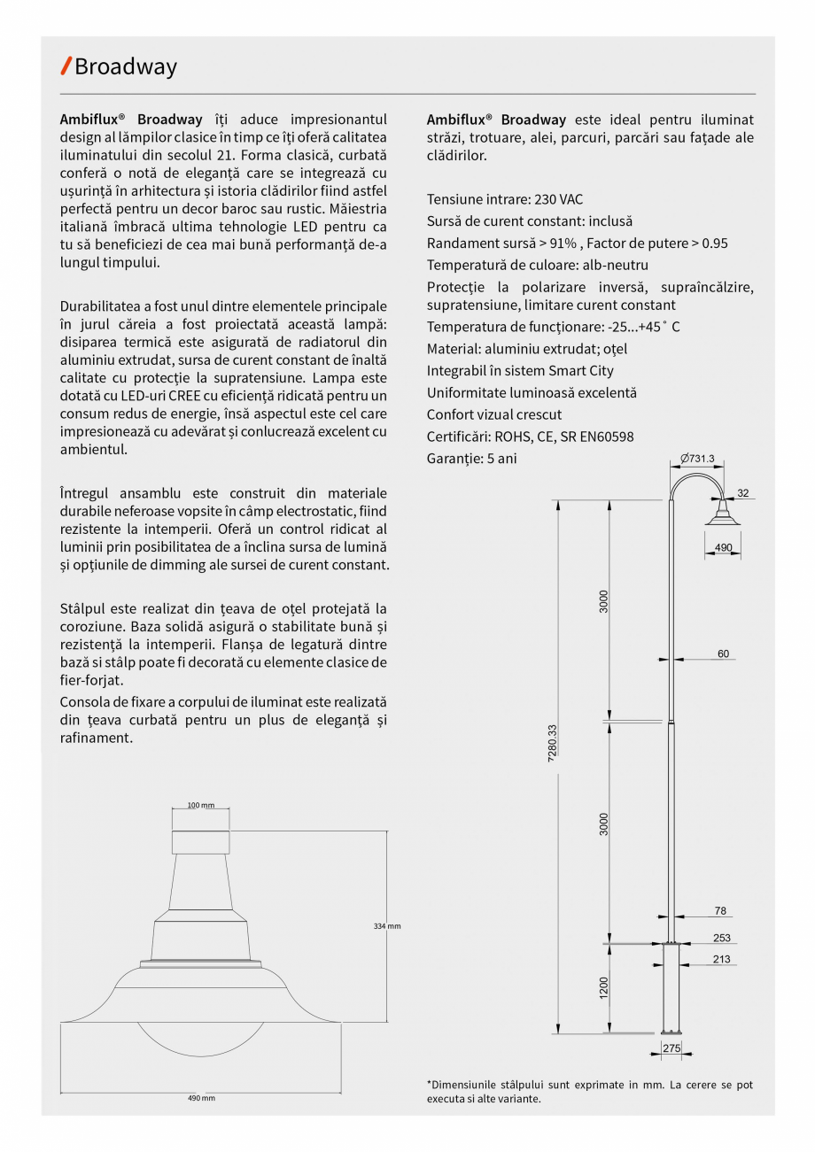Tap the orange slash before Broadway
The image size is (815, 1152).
click(x=66, y=66)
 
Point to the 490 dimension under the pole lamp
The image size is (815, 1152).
click(x=724, y=547)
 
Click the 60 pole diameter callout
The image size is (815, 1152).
click(x=723, y=653)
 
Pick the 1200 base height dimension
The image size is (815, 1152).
click(x=603, y=987)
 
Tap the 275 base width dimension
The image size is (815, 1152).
click(x=671, y=1048)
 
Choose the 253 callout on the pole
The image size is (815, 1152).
click(x=721, y=938)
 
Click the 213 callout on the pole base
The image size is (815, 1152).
click(x=721, y=959)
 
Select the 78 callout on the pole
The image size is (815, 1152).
click(x=720, y=910)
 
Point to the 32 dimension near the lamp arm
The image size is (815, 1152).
click(x=742, y=493)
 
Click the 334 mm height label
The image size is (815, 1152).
click(x=387, y=926)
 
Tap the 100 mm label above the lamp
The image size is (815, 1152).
click(x=201, y=805)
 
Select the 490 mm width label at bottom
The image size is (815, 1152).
click(x=201, y=1098)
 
